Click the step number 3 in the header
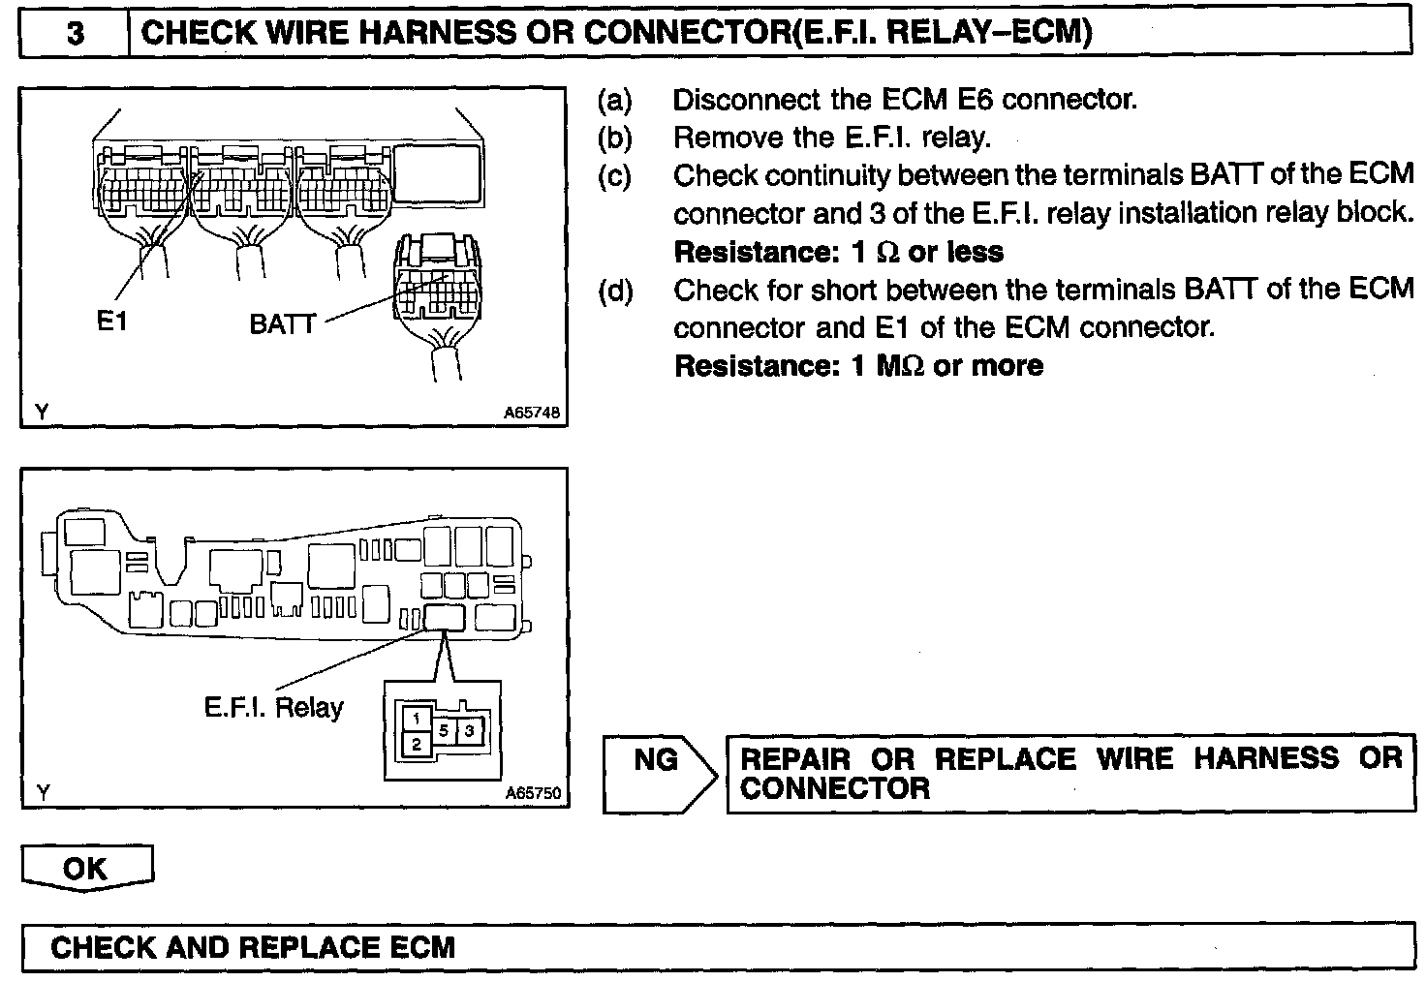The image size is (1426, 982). [75, 34]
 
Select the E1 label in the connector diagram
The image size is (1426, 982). [112, 322]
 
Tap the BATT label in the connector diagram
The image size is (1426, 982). [283, 323]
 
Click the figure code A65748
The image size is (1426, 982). [532, 413]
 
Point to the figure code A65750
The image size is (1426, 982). [533, 793]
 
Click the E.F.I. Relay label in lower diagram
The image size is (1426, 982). [274, 707]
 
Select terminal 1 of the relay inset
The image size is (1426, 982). [415, 719]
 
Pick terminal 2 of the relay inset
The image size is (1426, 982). [416, 744]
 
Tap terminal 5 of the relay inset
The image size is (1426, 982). [444, 731]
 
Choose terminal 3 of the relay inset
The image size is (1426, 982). [469, 731]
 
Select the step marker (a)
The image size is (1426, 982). [615, 100]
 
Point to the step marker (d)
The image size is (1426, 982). [615, 291]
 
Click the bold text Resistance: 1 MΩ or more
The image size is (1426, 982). [857, 366]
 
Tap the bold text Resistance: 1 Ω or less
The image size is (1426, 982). [838, 252]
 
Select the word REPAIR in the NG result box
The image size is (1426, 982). [795, 758]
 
